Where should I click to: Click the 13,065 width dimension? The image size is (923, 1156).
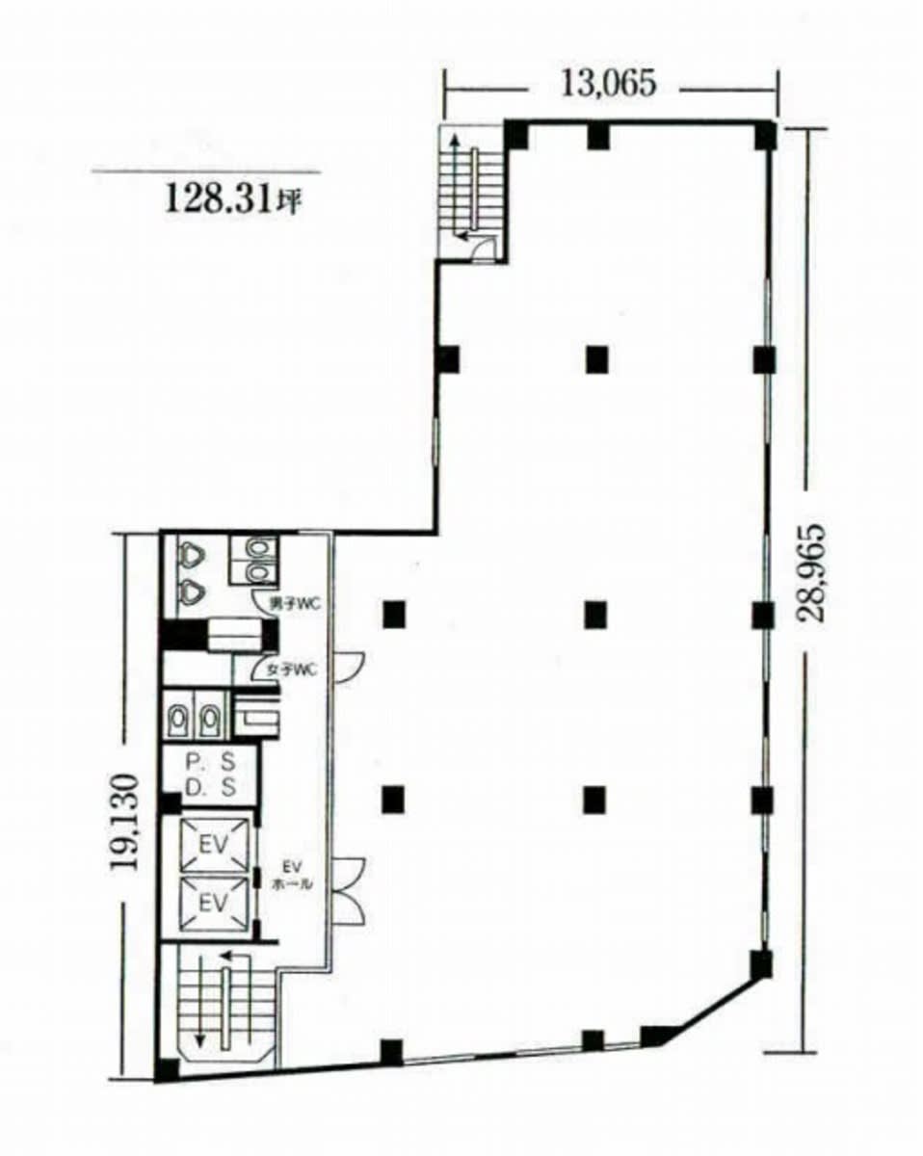point(608,85)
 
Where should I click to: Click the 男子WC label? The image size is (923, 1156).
point(295,604)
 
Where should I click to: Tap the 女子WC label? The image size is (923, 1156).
point(292,670)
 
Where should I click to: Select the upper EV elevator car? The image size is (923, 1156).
point(214,846)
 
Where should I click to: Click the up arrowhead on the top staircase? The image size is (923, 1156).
point(455,141)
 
